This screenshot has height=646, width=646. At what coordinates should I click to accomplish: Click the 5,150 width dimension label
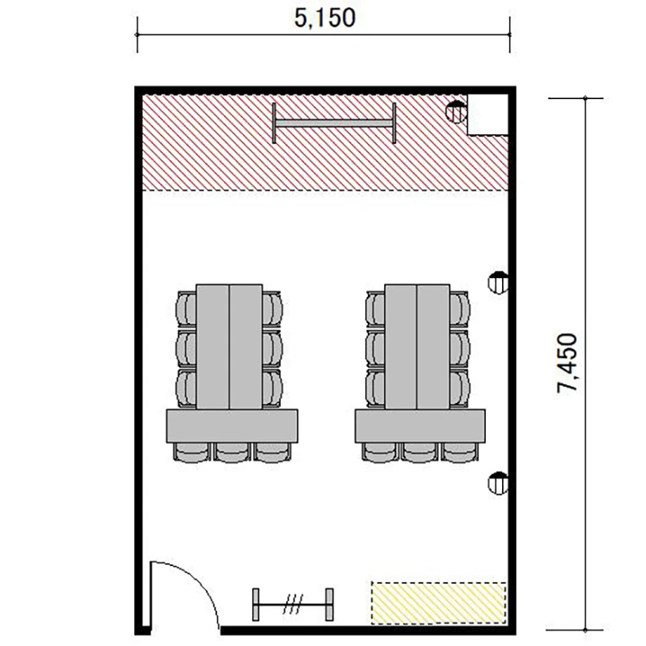(325, 19)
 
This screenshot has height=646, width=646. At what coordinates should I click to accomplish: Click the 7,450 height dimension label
(567, 363)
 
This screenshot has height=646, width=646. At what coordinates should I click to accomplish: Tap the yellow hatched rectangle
(438, 602)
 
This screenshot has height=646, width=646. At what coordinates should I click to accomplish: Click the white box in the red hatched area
(488, 114)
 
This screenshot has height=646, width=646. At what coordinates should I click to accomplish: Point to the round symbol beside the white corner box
(457, 112)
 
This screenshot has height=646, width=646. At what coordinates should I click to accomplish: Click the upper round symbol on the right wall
(498, 283)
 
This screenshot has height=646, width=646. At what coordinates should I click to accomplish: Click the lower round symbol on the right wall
(498, 483)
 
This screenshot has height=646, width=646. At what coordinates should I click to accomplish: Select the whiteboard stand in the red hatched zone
(333, 123)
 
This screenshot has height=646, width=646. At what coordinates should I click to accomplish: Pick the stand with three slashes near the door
(293, 605)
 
